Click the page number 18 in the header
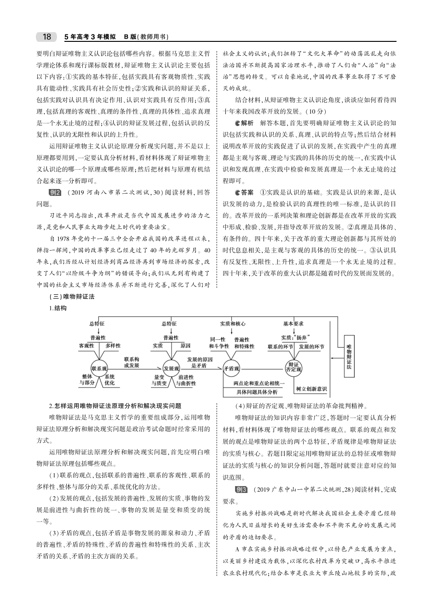(46, 37)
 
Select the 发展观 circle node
(171, 368)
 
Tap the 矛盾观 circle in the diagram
(231, 368)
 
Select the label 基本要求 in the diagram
(293, 324)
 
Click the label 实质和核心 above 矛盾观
(232, 324)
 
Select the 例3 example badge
(241, 489)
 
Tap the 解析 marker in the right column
(244, 123)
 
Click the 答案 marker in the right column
(244, 192)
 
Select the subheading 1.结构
(58, 308)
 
